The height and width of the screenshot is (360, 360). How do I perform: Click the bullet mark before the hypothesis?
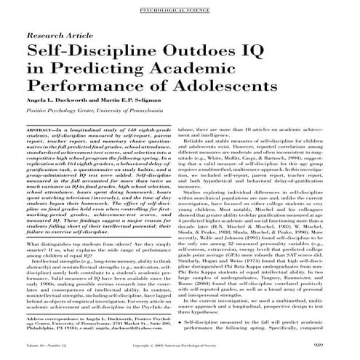point(188,321)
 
